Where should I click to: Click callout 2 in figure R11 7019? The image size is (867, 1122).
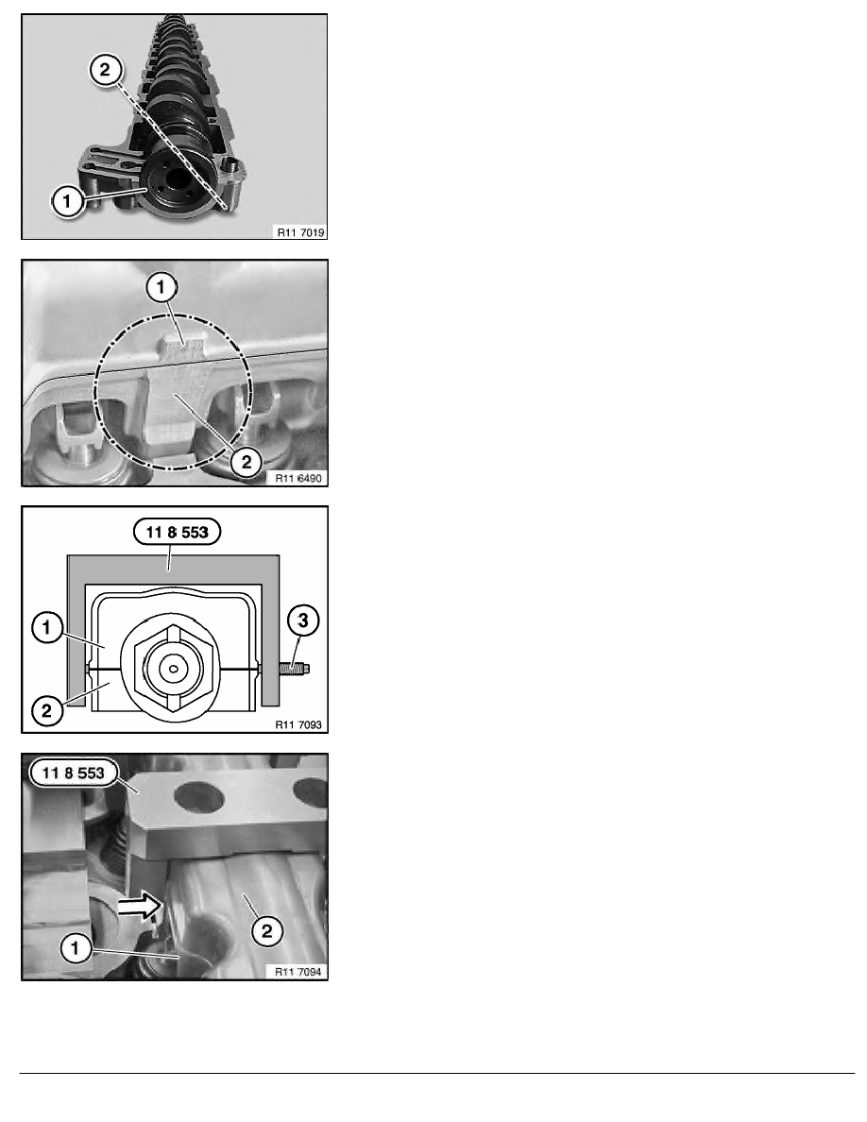pyautogui.click(x=105, y=69)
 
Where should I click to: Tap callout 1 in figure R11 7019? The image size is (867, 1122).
pyautogui.click(x=67, y=200)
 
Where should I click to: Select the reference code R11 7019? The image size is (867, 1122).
pyautogui.click(x=300, y=231)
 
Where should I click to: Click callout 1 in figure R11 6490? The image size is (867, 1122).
pyautogui.click(x=161, y=288)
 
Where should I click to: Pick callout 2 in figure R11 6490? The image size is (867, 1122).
pyautogui.click(x=246, y=462)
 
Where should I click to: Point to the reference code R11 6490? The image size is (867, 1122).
pyautogui.click(x=299, y=478)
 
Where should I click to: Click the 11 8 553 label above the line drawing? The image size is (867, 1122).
pyautogui.click(x=177, y=532)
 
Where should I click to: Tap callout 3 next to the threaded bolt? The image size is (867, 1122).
pyautogui.click(x=302, y=620)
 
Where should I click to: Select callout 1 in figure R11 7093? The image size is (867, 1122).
pyautogui.click(x=47, y=627)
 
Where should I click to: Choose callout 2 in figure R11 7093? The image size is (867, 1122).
pyautogui.click(x=47, y=710)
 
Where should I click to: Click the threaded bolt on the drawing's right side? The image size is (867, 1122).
pyautogui.click(x=295, y=670)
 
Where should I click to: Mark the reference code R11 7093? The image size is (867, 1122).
pyautogui.click(x=299, y=725)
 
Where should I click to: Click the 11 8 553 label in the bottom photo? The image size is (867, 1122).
pyautogui.click(x=73, y=773)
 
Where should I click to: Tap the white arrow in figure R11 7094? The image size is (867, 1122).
pyautogui.click(x=140, y=908)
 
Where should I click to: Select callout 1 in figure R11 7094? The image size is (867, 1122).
pyautogui.click(x=76, y=949)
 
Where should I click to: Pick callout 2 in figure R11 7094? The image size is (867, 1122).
pyautogui.click(x=267, y=931)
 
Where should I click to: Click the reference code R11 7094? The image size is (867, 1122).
pyautogui.click(x=298, y=972)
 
